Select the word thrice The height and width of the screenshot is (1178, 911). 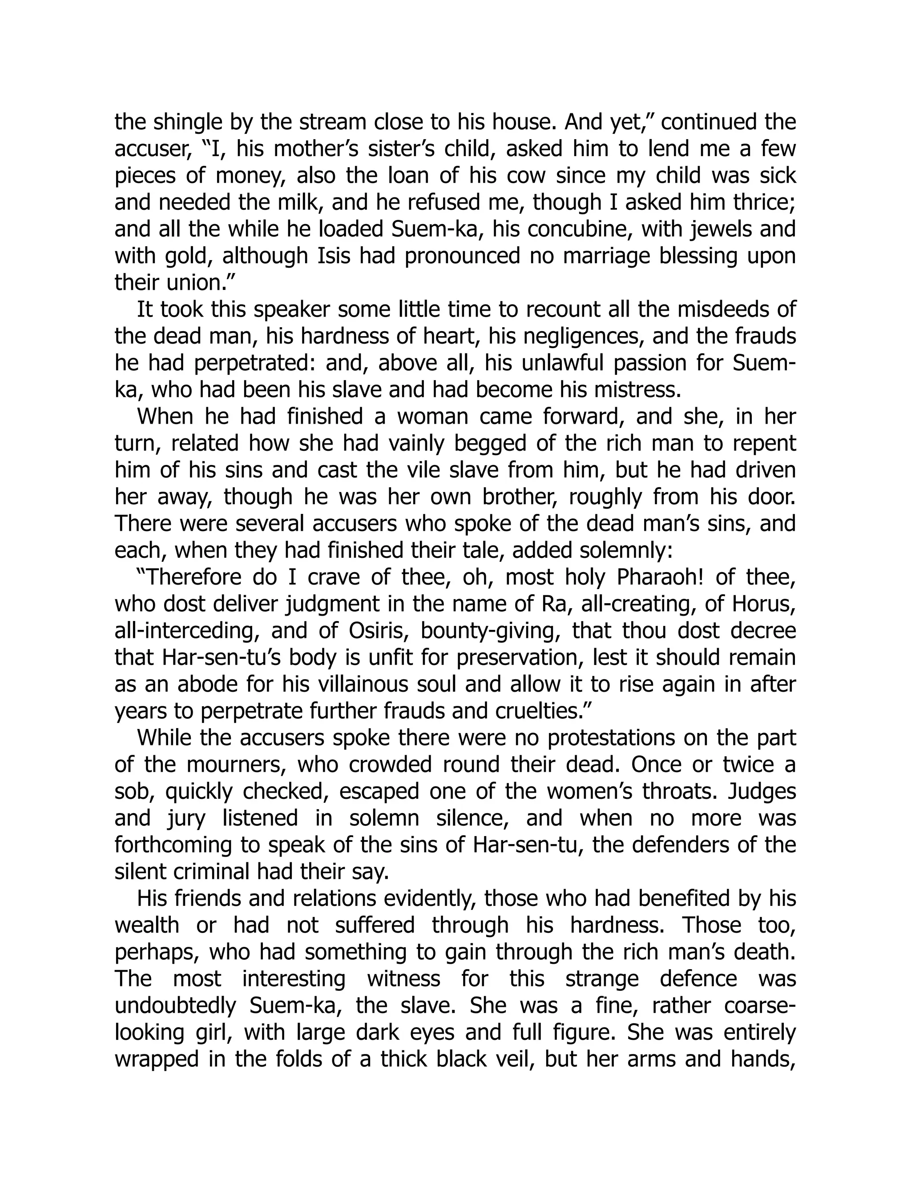coord(762,203)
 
